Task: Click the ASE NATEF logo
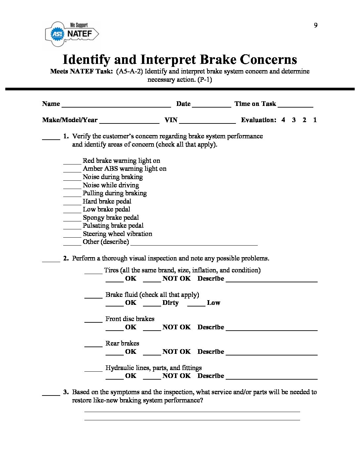coord(72,33)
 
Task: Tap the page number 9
coord(316,25)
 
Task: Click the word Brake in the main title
coord(218,60)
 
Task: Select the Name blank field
coord(116,105)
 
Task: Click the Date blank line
coord(211,105)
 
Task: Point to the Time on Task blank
coord(295,105)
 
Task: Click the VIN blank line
coord(207,121)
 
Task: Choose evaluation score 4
coord(283,120)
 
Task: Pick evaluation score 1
coord(315,120)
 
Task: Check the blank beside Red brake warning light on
coord(72,162)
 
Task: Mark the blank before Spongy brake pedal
coord(72,219)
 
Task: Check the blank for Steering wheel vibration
coord(72,235)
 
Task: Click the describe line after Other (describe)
coord(194,244)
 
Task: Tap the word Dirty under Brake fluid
coord(170,303)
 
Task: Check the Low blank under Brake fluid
coord(196,304)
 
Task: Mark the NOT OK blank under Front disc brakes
coord(152,329)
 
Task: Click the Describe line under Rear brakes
coord(271,353)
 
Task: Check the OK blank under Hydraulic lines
coord(114,378)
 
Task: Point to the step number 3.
coord(66,392)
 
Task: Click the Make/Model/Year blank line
coord(129,121)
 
